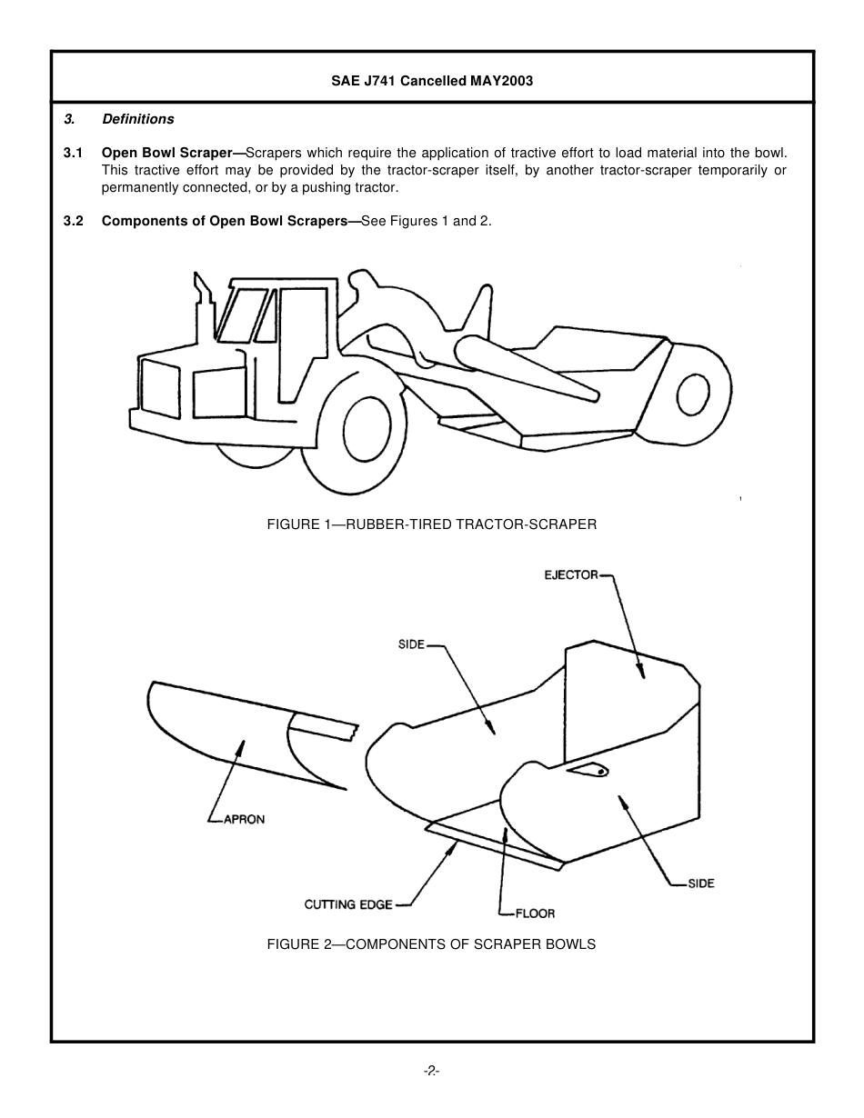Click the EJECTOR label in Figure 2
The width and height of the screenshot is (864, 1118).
571,574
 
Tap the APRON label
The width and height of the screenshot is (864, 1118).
244,819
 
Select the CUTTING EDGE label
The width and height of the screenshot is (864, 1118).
348,904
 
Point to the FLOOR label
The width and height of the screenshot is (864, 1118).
535,913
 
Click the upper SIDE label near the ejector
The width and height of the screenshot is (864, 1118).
411,644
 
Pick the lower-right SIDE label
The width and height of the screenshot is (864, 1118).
700,883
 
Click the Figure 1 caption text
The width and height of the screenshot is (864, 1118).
431,524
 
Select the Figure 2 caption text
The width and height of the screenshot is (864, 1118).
431,944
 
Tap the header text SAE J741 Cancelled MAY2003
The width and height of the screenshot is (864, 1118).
432,80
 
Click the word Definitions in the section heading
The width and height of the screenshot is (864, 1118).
138,119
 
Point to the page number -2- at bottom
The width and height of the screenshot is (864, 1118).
432,1072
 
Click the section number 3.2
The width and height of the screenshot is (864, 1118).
74,221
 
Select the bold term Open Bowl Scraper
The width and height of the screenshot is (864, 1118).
171,152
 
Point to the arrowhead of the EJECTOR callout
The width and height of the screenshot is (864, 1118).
641,674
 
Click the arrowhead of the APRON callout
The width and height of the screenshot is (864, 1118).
242,744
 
